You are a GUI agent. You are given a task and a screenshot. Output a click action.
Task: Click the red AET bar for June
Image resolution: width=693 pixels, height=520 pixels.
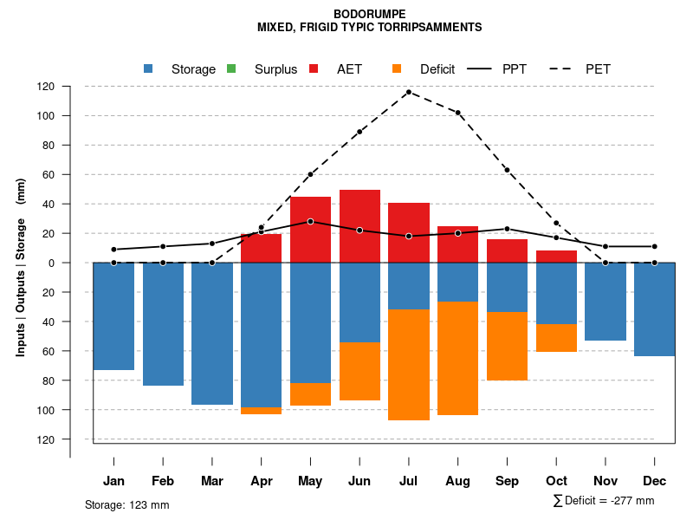coord(359,225)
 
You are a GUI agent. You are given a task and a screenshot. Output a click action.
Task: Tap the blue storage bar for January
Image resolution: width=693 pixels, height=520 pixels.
coord(113,316)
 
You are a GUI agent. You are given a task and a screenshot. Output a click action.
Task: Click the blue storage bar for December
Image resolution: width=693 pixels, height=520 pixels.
coord(654,309)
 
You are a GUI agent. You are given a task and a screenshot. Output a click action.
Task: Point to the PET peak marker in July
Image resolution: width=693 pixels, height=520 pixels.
coord(409,92)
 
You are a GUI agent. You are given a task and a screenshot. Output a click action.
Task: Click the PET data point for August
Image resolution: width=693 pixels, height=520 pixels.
coord(457,113)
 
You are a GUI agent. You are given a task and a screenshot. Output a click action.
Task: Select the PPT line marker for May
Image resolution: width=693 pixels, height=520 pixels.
coord(310,221)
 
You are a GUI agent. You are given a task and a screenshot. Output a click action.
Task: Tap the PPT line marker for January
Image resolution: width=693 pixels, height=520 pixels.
coord(113,250)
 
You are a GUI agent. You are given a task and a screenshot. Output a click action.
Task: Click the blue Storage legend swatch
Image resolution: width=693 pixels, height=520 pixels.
coord(148,68)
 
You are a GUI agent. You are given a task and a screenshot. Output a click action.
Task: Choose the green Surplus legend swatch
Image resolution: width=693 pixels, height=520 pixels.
coord(230,68)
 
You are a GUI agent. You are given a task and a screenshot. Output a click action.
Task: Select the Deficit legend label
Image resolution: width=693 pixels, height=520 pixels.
coord(437,69)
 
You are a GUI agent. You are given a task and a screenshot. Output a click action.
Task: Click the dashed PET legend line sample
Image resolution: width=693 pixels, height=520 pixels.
coord(563,68)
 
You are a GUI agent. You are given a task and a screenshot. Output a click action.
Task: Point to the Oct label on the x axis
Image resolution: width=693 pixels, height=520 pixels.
coord(556,481)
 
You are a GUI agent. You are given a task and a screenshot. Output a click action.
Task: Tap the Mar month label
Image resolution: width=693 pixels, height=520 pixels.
coord(212,481)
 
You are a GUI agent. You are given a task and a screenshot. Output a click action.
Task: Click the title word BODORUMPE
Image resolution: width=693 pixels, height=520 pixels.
coord(369,15)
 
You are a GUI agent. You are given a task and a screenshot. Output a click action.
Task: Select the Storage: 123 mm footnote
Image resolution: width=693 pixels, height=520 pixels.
coord(127,504)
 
